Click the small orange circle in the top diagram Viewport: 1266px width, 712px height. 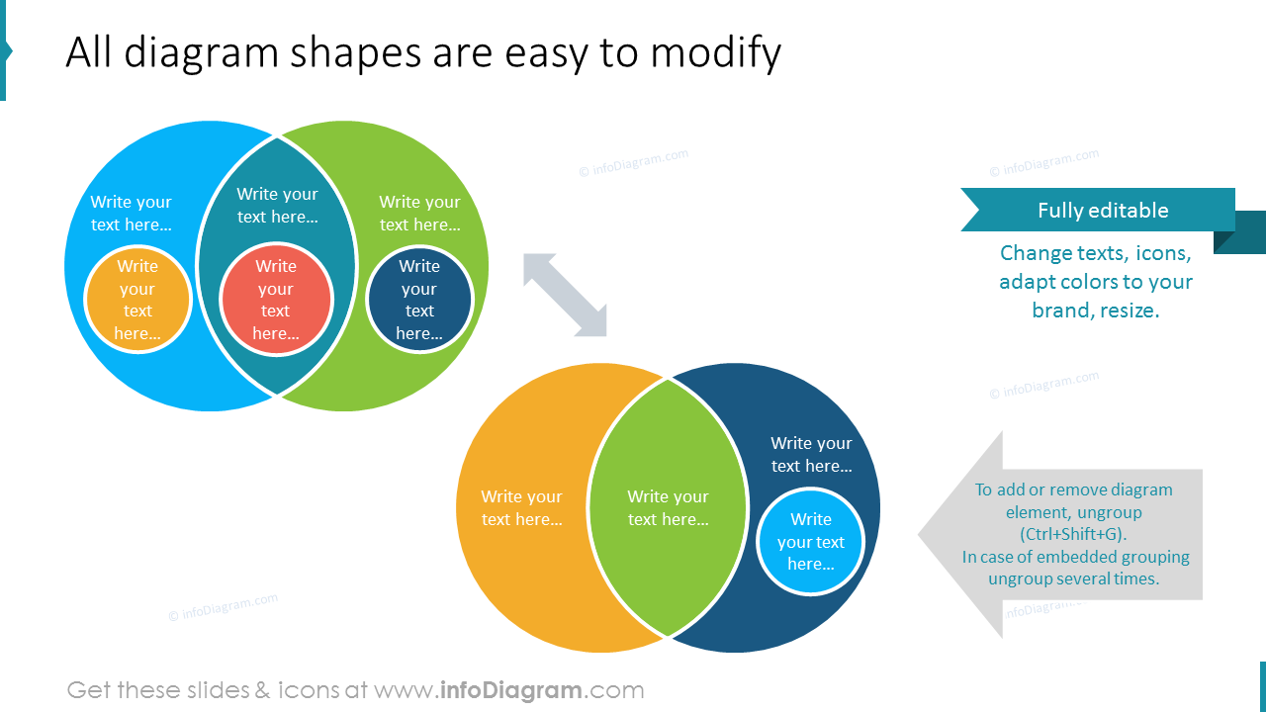(137, 300)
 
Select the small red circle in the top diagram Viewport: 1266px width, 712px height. (276, 300)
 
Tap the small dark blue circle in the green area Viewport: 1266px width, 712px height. (419, 300)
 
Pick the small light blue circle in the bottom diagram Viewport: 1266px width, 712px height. (810, 542)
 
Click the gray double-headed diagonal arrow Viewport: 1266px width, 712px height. (565, 295)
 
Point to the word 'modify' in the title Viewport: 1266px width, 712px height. (715, 52)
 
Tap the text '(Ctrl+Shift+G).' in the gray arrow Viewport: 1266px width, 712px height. (1073, 534)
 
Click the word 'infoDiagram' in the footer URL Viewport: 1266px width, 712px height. (509, 690)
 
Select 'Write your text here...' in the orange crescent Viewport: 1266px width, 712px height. (521, 507)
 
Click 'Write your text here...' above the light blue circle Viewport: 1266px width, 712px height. (811, 454)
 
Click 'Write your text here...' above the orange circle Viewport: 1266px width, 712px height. (131, 213)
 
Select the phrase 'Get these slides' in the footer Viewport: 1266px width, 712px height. (158, 690)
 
